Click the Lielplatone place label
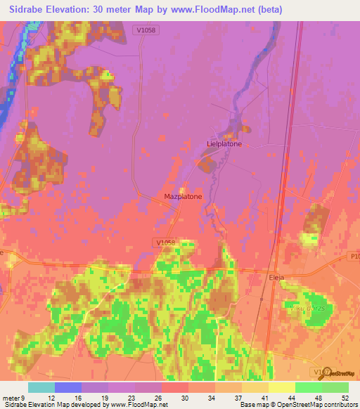[224, 144]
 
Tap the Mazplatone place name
[183, 197]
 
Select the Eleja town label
[277, 278]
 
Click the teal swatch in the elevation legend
[41, 387]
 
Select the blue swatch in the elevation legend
[68, 387]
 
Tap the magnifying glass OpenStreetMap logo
[325, 374]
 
